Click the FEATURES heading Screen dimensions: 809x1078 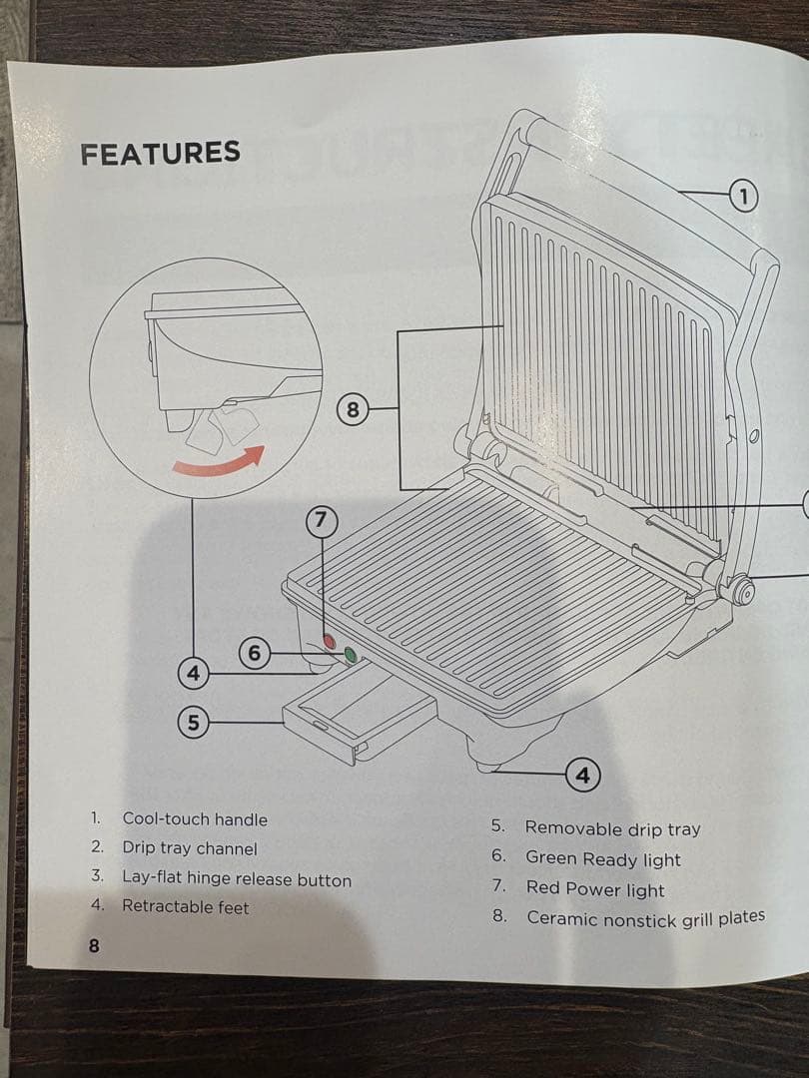[160, 153]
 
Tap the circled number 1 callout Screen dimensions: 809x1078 [743, 196]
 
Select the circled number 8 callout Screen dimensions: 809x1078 [353, 410]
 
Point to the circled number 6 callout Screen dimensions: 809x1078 [255, 652]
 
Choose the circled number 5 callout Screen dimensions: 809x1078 [194, 723]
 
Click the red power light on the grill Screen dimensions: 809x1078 [330, 641]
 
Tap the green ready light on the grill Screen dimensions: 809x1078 [351, 655]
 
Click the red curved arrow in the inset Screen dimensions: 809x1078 [219, 463]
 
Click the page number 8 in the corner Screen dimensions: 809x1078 [94, 945]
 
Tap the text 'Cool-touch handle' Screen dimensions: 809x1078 [195, 818]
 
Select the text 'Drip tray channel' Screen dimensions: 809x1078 [189, 847]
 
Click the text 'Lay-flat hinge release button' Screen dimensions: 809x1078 [237, 878]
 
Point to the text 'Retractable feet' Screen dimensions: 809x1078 [185, 906]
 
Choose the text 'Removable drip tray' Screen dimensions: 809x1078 [612, 828]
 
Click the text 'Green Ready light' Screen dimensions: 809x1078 [602, 858]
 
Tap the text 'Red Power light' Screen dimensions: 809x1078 [595, 889]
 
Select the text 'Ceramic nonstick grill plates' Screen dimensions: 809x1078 [646, 918]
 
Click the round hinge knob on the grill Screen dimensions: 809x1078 [741, 591]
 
